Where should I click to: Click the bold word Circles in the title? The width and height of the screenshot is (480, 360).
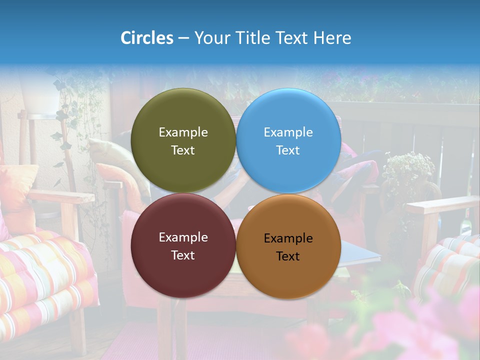(147, 38)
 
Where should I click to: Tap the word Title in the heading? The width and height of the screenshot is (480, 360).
(253, 38)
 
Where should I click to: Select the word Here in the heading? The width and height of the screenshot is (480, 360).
(332, 38)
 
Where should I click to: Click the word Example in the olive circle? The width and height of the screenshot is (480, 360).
(183, 132)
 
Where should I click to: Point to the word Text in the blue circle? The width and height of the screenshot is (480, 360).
(288, 150)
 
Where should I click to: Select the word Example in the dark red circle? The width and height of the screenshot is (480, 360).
(183, 237)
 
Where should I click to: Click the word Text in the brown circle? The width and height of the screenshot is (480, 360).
(288, 256)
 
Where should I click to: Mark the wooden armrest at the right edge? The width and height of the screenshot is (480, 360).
(442, 205)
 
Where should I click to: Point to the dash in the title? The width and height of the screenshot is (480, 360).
(183, 38)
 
